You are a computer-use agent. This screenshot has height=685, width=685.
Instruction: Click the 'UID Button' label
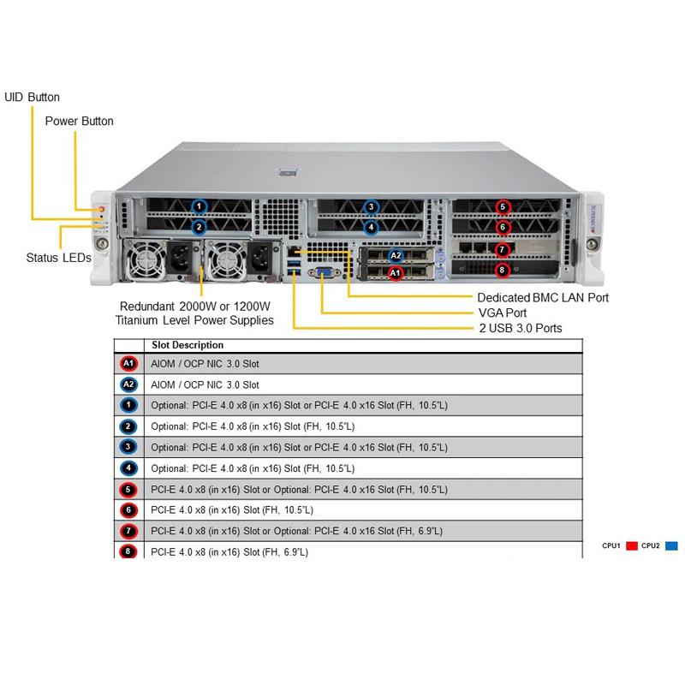click(x=33, y=97)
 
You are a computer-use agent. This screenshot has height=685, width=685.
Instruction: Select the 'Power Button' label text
click(x=79, y=121)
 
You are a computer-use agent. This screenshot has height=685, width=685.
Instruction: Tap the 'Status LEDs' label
click(x=58, y=258)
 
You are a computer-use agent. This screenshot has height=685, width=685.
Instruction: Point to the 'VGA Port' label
click(x=502, y=313)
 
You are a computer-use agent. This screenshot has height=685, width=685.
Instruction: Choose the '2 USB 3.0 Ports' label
click(x=521, y=328)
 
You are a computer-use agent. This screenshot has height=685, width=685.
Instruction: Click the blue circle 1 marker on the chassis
click(x=199, y=206)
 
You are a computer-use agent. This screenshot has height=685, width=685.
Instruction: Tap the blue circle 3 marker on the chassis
click(x=371, y=206)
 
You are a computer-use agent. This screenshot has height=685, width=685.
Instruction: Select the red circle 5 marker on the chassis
click(x=503, y=206)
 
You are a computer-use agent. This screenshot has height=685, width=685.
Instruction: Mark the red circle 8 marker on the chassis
click(x=503, y=270)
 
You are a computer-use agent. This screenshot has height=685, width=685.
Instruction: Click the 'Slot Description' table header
click(x=188, y=345)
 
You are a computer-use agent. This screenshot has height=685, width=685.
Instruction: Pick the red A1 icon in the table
click(x=128, y=363)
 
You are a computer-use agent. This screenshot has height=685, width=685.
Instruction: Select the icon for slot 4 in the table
click(x=128, y=468)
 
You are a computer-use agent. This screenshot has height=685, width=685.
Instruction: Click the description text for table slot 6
click(x=231, y=510)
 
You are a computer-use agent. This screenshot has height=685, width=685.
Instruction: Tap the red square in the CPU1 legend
click(x=632, y=545)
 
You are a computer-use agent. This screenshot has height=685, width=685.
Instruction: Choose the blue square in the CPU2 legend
click(x=671, y=545)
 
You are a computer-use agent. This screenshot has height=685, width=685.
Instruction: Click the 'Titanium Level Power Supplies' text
click(x=194, y=320)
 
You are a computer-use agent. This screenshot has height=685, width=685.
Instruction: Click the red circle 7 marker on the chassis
click(x=503, y=249)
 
